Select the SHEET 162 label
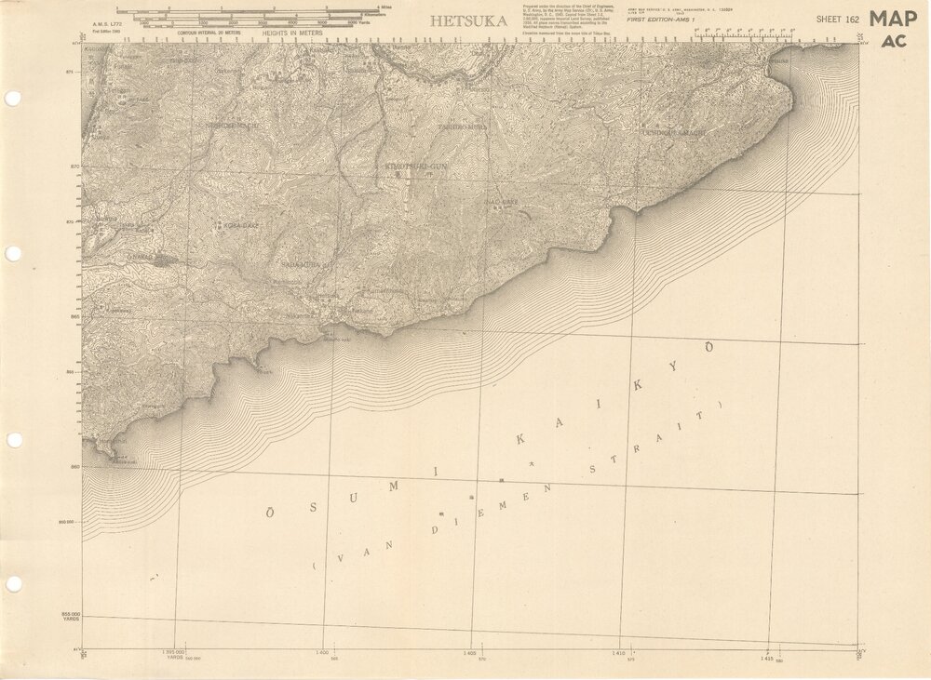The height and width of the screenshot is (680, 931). (x=835, y=19)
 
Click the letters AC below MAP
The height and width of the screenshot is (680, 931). (x=894, y=41)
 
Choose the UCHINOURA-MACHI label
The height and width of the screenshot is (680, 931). (x=674, y=133)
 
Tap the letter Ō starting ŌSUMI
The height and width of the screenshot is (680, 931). (x=270, y=511)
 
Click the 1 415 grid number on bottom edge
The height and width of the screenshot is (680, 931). (x=766, y=658)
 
